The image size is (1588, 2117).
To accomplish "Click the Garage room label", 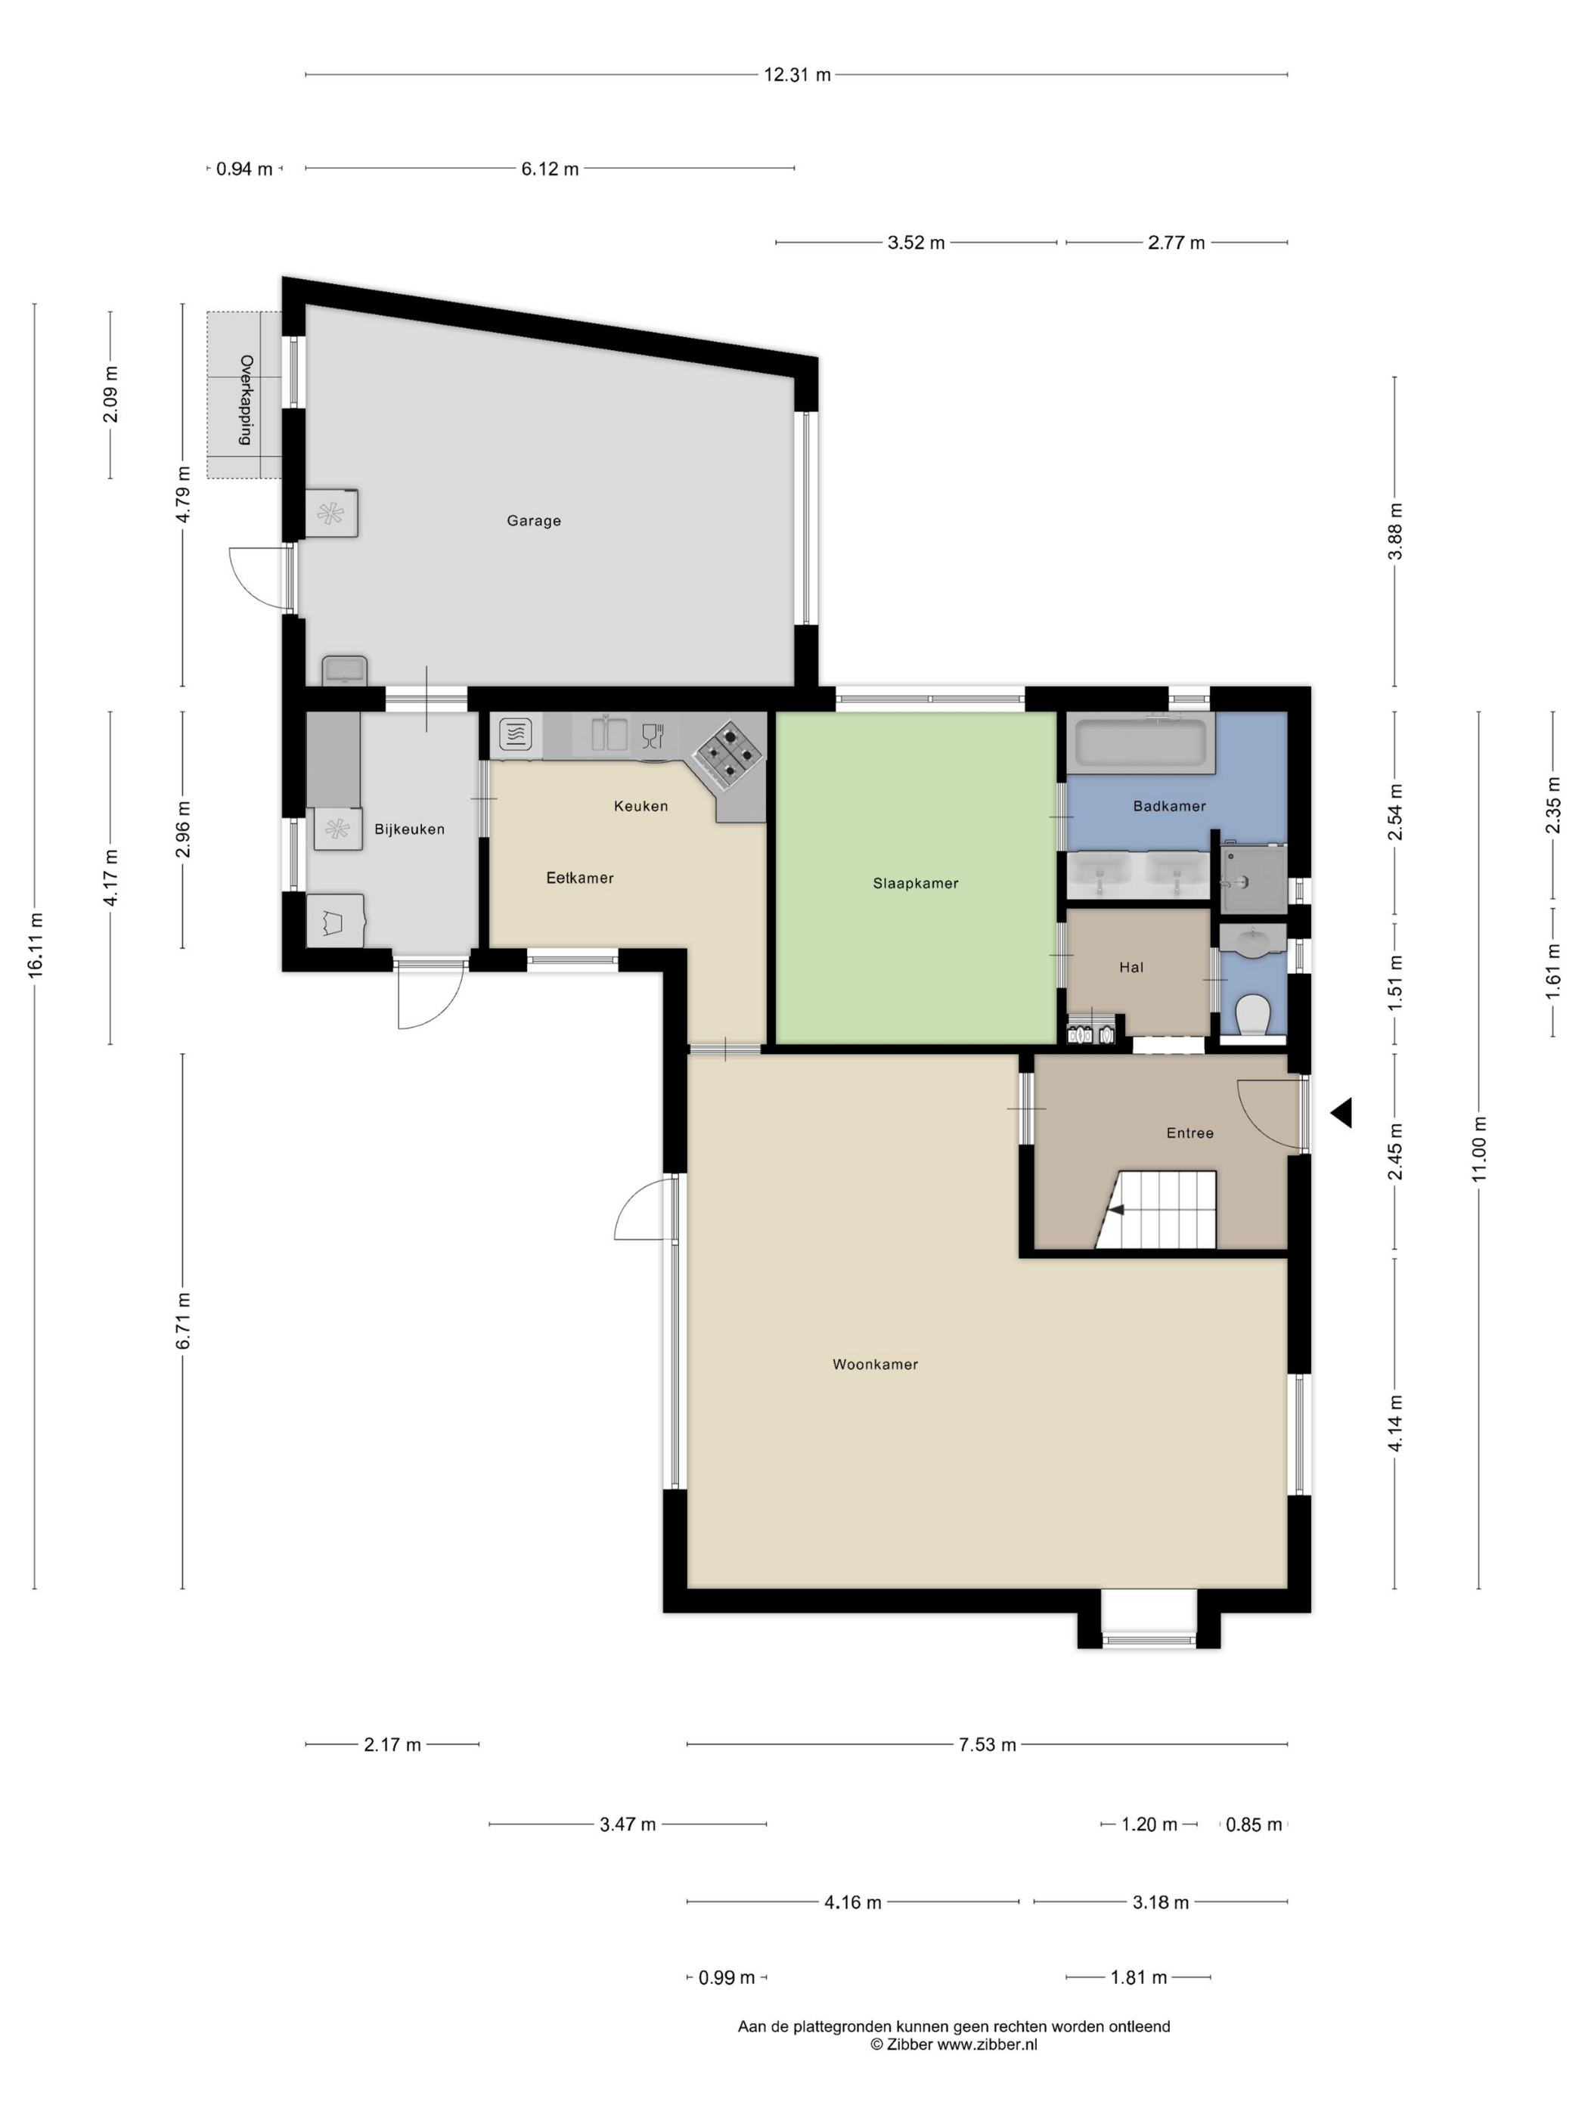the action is tap(533, 521).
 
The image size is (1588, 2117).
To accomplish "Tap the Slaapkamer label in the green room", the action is tap(915, 883).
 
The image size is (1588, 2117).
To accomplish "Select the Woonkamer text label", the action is tap(875, 1365).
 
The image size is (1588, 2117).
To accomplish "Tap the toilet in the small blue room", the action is tap(1253, 1015).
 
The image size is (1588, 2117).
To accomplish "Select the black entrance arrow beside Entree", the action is tap(1341, 1112).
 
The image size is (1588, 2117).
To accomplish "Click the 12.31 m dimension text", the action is tap(796, 75).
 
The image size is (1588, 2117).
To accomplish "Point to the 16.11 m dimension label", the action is tap(36, 944).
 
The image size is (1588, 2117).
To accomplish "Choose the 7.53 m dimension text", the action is tap(987, 1745).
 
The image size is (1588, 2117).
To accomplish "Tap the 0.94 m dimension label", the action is tap(244, 169).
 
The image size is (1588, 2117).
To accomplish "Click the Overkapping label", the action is tap(246, 400).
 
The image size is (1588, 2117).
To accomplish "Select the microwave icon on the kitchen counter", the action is tap(515, 735).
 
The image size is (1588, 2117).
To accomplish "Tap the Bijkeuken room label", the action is tap(409, 829).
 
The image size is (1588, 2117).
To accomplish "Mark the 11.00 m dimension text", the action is tap(1479, 1148).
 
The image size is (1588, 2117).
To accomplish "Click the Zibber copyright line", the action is tap(954, 2045).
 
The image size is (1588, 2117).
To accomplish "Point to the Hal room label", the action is tap(1131, 968).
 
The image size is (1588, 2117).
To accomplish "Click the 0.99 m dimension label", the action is tap(727, 1977).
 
